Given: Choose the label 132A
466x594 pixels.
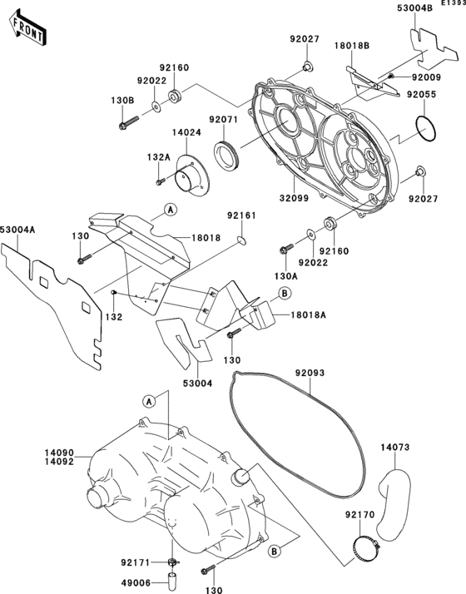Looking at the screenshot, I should [x=136, y=156].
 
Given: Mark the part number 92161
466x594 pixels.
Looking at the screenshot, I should [x=241, y=215].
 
